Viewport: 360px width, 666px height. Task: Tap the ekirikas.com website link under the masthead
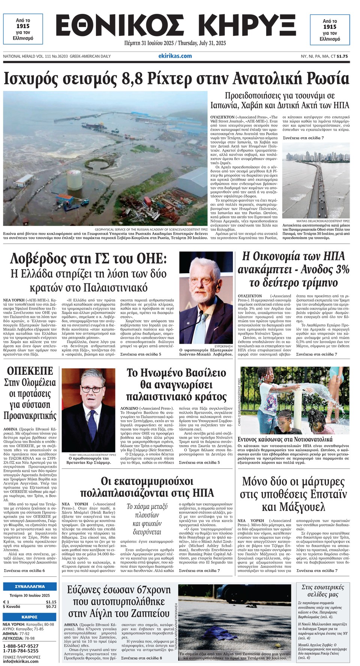(x=175, y=56)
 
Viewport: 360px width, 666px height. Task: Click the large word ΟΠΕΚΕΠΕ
(x=30, y=371)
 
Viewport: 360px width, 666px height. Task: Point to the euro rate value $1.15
(x=51, y=602)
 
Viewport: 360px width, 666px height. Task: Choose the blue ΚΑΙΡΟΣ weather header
(x=30, y=617)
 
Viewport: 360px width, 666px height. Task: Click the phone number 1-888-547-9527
(x=21, y=646)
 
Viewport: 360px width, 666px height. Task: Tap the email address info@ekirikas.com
(x=20, y=661)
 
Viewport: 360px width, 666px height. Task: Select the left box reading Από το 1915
(x=23, y=29)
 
